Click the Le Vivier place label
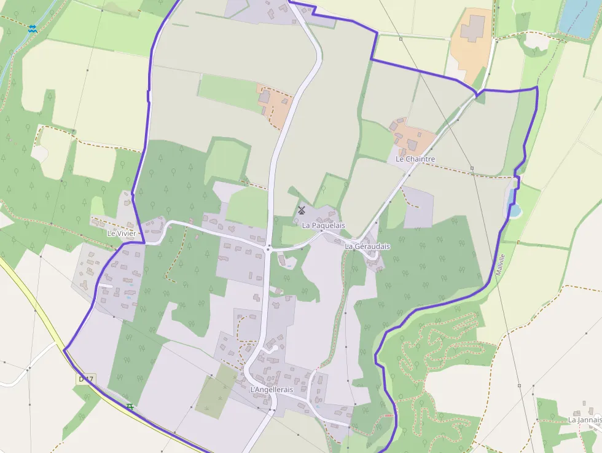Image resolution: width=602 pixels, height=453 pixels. pyautogui.click(x=121, y=234)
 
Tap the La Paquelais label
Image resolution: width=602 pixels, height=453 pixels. pyautogui.click(x=323, y=226)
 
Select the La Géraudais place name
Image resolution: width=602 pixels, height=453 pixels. pyautogui.click(x=367, y=246)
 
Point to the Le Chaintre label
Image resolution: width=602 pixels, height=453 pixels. pyautogui.click(x=415, y=159)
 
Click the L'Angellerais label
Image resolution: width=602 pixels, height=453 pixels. pyautogui.click(x=272, y=390)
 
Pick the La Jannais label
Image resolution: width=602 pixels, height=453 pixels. pyautogui.click(x=584, y=420)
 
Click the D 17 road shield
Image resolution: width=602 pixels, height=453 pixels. pyautogui.click(x=85, y=379)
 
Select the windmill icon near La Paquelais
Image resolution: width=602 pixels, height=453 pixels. pyautogui.click(x=302, y=210)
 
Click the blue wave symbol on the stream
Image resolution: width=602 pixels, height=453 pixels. pyautogui.click(x=32, y=28)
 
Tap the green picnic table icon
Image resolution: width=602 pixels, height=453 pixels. pyautogui.click(x=130, y=407)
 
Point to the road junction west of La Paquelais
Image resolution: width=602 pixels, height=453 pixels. pyautogui.click(x=268, y=248)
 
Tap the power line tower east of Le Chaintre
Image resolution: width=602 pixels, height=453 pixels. pyautogui.click(x=472, y=168)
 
